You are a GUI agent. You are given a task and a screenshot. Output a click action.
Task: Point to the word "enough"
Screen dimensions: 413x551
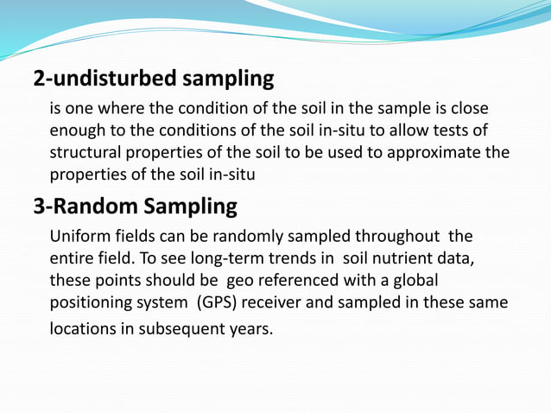pos(77,131)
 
